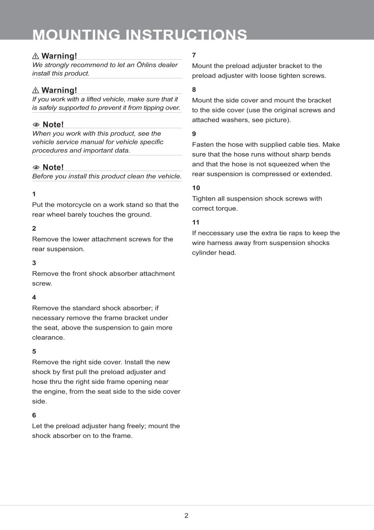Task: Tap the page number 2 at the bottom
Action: pyautogui.click(x=186, y=516)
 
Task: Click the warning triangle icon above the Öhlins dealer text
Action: pyautogui.click(x=36, y=56)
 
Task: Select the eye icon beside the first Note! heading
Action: pyautogui.click(x=36, y=125)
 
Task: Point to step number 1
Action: pyautogui.click(x=34, y=194)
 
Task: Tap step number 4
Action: pyautogui.click(x=34, y=297)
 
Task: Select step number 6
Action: pyautogui.click(x=34, y=415)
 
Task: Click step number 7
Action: pyautogui.click(x=194, y=55)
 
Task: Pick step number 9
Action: pyautogui.click(x=194, y=134)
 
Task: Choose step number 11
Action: pyautogui.click(x=196, y=222)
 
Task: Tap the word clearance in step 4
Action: pyautogui.click(x=48, y=338)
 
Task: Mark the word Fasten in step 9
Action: pyautogui.click(x=203, y=144)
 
